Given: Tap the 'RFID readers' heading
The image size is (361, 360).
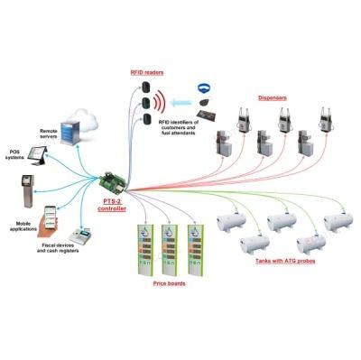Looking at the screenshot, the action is pos(147,72).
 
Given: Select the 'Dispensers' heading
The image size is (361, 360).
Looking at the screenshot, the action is pos(273,97).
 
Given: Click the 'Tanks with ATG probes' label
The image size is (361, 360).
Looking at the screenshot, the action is pos(285,261).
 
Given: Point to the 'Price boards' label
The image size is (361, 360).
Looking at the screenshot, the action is pos(169,283).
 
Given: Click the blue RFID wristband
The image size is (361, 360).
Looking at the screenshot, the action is pos(205,88).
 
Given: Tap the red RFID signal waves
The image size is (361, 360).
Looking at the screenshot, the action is pos(160,103).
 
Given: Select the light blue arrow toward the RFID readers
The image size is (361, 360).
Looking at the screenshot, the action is pos(181,103).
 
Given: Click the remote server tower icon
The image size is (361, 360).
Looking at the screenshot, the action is pos(69,133).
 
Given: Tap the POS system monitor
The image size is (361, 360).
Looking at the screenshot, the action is pos(39,155).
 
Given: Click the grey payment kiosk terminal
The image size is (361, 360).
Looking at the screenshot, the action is pos(28,191).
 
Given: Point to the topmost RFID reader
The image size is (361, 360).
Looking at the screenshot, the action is pos(146,88).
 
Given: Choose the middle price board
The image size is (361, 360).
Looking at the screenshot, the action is pos(170,250).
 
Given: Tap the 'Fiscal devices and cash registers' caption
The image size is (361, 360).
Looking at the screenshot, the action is pos(58,248).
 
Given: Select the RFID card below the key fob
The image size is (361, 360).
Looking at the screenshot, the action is pos(207,115).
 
